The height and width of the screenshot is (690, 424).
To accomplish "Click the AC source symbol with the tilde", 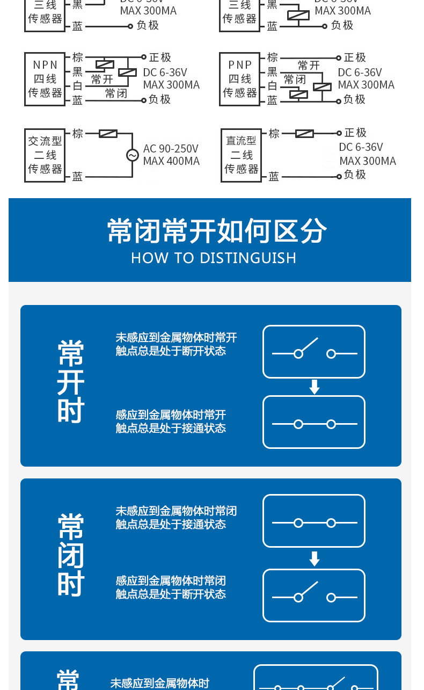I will [132, 155].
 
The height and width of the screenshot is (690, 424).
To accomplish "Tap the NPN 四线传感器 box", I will [45, 79].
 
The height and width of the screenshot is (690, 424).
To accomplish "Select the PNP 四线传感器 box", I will [240, 79].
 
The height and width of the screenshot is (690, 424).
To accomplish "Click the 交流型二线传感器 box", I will [45, 155].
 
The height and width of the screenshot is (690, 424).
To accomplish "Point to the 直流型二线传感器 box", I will [241, 155].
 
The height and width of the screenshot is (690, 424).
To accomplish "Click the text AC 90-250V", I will [171, 149].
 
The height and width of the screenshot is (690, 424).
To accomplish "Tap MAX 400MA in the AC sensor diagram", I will [171, 161].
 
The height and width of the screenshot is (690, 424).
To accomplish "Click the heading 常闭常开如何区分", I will [217, 231].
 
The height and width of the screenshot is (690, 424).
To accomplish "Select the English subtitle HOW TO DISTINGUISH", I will [214, 258].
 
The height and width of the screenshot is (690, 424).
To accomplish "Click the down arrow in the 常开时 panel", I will [315, 387].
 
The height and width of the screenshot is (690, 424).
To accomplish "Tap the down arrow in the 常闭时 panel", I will [315, 559].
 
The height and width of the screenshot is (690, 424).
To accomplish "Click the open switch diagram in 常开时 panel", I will [314, 352].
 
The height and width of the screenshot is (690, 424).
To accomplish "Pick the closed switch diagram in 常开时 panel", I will [314, 423].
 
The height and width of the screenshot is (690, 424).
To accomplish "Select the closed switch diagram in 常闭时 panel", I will [314, 521].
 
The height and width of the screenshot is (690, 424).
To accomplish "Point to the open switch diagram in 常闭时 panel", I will [314, 595].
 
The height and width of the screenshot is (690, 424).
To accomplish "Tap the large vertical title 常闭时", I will [71, 555].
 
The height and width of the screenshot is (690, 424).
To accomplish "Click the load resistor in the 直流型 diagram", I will [305, 133].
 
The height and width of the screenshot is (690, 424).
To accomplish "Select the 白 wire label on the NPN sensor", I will [78, 86].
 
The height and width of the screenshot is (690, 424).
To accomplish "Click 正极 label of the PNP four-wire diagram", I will [355, 57].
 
